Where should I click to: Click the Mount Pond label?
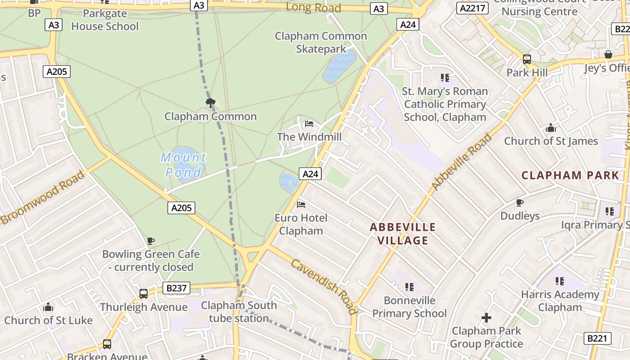(x=184, y=165)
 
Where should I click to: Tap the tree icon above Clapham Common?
(x=210, y=103)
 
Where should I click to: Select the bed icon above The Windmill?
(x=309, y=124)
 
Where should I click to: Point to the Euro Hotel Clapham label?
(x=301, y=224)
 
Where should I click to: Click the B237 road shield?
(x=176, y=288)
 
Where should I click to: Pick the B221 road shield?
(x=598, y=338)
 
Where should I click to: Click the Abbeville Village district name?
(x=403, y=234)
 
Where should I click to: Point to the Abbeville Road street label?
(x=461, y=162)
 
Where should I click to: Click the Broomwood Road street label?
(x=42, y=197)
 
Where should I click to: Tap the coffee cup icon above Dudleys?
(x=520, y=203)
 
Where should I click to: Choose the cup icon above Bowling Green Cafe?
(x=151, y=241)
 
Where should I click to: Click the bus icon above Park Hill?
(x=526, y=59)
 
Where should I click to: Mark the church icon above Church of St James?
(x=550, y=128)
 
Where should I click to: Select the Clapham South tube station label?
(x=239, y=311)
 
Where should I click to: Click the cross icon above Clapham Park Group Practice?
(x=486, y=318)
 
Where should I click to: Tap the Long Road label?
(x=313, y=7)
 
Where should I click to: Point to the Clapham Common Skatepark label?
(x=321, y=42)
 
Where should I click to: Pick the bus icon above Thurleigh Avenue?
(x=144, y=294)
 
